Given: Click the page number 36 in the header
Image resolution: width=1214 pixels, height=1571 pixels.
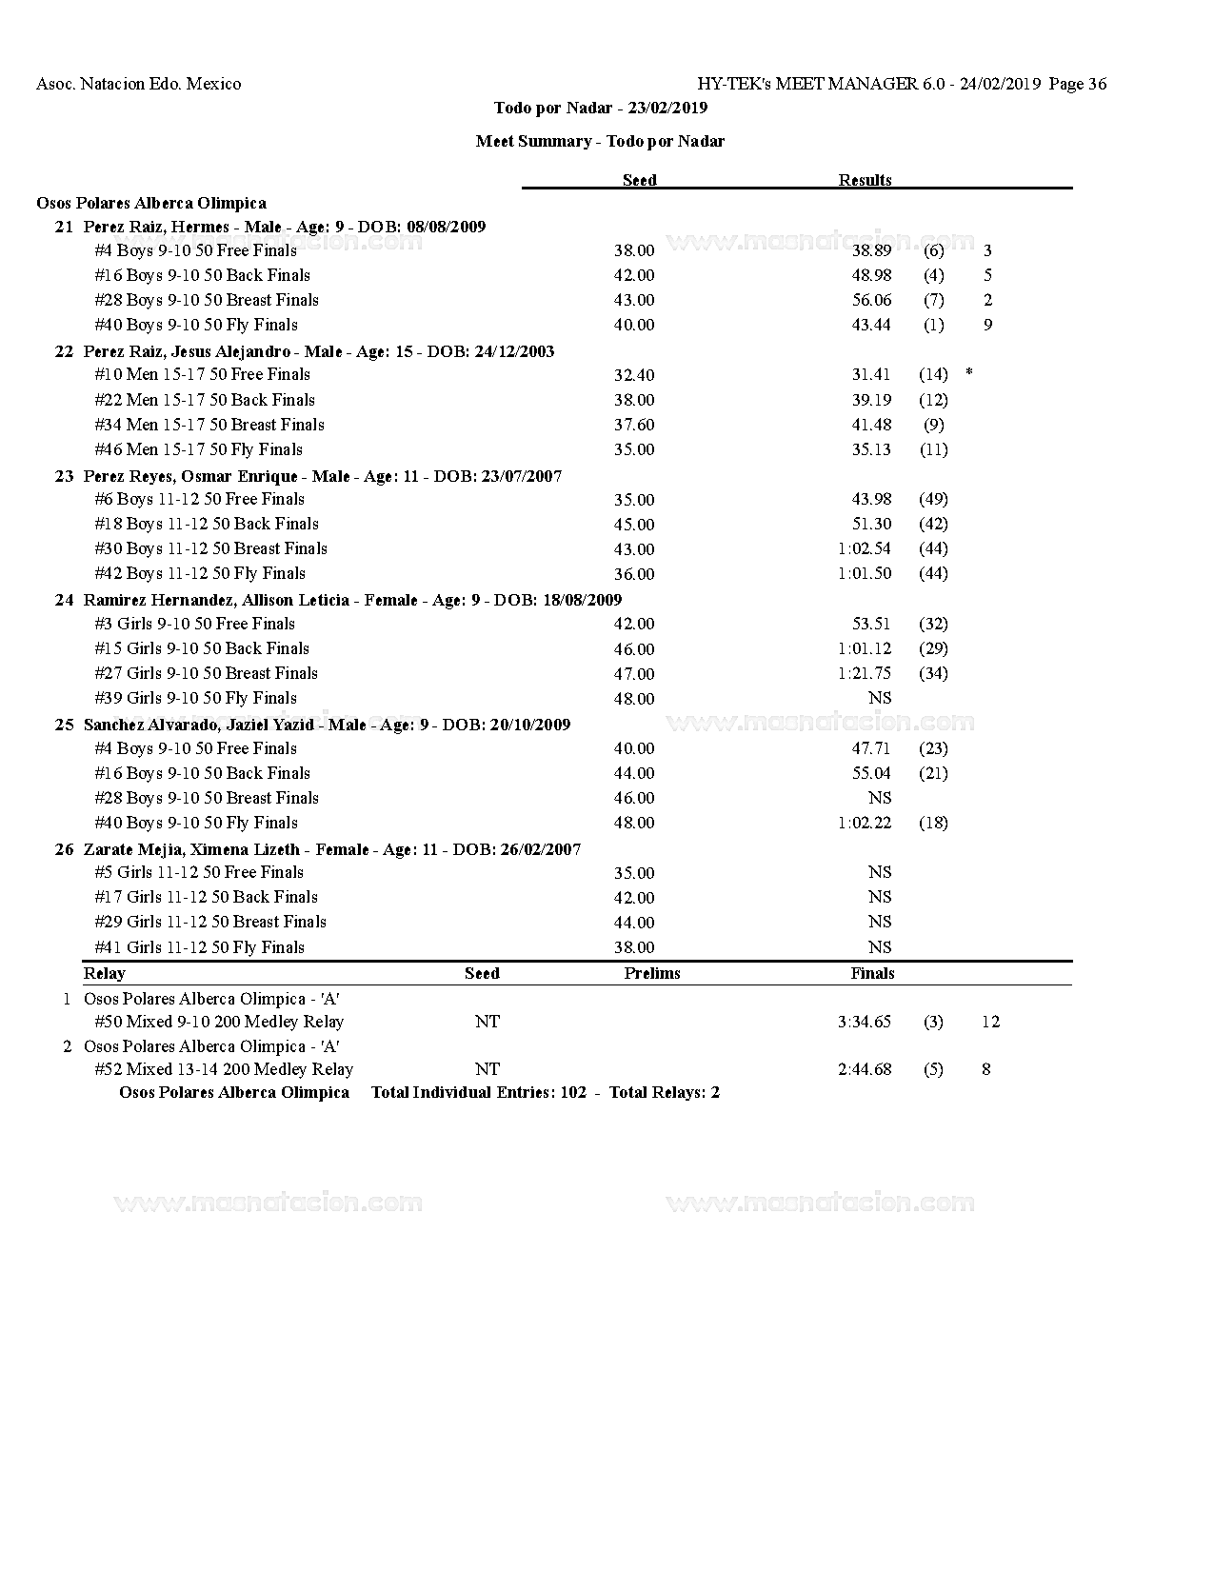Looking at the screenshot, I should (1096, 84).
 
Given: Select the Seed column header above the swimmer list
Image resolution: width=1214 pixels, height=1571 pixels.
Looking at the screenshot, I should (639, 180).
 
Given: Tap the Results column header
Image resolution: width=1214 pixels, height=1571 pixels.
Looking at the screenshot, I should (865, 180).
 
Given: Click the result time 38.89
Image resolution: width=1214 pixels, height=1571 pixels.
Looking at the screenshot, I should (871, 250).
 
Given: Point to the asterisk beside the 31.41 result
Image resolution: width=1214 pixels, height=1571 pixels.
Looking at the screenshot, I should (968, 373).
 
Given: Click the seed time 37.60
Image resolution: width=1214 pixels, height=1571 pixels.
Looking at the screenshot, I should (634, 425).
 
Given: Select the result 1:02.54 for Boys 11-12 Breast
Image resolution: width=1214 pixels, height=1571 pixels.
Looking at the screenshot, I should (865, 548).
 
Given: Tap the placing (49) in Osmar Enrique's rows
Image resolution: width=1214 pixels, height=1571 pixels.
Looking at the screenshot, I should (933, 499).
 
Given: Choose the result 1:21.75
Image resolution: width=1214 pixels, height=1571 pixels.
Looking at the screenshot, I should (865, 673).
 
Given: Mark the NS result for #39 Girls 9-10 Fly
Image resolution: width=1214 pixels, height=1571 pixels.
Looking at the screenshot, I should (880, 698).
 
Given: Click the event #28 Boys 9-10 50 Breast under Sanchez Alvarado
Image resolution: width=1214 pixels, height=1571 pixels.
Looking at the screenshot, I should (207, 798).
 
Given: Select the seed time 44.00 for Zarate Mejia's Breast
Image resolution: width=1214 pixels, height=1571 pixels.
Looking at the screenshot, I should (634, 922).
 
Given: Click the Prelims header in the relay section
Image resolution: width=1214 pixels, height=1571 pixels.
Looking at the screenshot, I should (652, 973).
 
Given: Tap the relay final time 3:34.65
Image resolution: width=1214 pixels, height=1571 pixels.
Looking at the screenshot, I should (865, 1022).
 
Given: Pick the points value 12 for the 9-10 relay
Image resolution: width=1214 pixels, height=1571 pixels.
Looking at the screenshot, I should (990, 1022).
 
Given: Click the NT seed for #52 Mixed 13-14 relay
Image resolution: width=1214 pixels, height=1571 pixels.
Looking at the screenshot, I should (487, 1069).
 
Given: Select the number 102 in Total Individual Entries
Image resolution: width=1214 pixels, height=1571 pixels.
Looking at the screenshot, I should (573, 1092).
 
